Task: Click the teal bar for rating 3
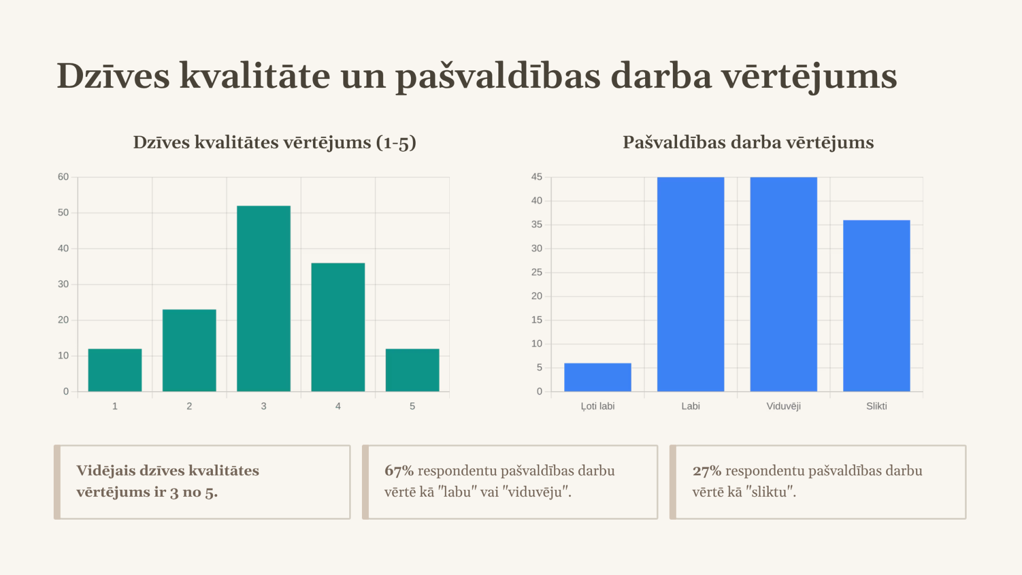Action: pos(263,298)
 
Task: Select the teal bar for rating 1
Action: pos(115,370)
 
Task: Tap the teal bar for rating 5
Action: pos(413,370)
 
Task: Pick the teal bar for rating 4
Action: pos(338,327)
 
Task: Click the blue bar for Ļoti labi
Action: pos(598,377)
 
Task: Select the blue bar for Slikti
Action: pos(877,306)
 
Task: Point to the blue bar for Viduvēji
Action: pos(784,284)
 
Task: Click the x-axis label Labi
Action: pos(690,406)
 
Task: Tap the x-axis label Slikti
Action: pos(877,406)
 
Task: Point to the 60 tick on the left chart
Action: pos(63,177)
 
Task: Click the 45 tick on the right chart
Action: pos(537,177)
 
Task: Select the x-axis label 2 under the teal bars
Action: pos(189,406)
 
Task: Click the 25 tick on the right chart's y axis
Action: pos(537,272)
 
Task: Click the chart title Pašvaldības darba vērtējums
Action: pos(748,143)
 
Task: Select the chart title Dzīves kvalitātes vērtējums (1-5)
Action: pos(274,143)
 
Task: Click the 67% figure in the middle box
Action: pos(399,471)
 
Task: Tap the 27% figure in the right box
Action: pos(706,471)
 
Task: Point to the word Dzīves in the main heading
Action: pos(113,76)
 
